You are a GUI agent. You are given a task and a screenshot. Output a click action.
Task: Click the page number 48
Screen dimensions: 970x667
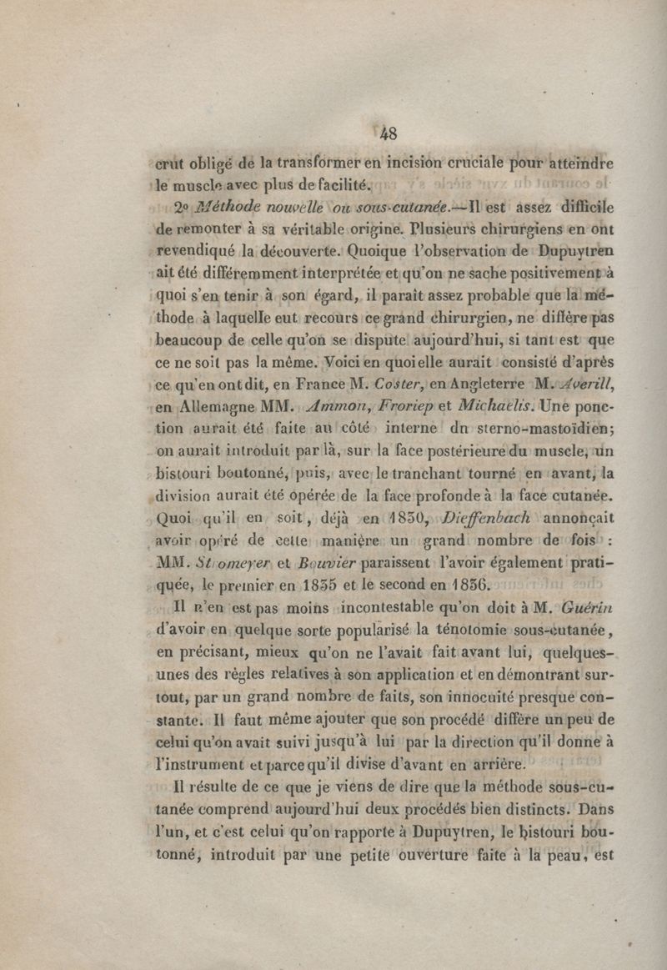click(388, 133)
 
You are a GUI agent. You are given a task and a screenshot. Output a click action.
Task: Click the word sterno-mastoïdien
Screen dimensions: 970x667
click(544, 430)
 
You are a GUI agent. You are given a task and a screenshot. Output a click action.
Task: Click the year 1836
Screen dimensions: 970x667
click(470, 584)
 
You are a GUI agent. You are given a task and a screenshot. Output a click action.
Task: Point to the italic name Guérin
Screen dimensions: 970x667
click(589, 607)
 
